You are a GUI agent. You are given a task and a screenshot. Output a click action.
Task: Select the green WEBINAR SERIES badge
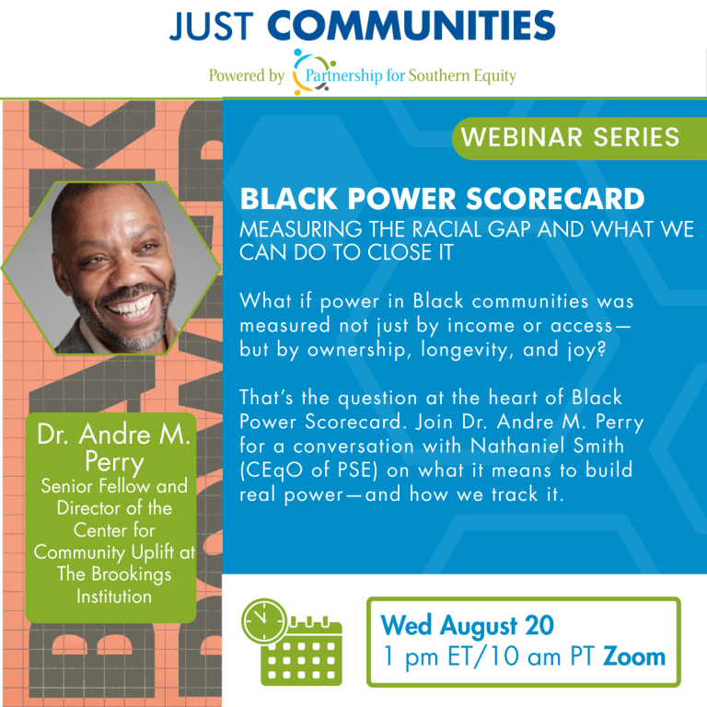point(570,137)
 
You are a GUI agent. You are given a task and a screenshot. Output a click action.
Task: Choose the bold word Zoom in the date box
point(634,657)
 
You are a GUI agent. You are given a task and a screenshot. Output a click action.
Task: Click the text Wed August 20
point(468,626)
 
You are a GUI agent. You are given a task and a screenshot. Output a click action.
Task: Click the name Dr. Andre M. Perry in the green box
point(113,446)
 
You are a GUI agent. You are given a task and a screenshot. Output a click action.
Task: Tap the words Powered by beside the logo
point(246,76)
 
